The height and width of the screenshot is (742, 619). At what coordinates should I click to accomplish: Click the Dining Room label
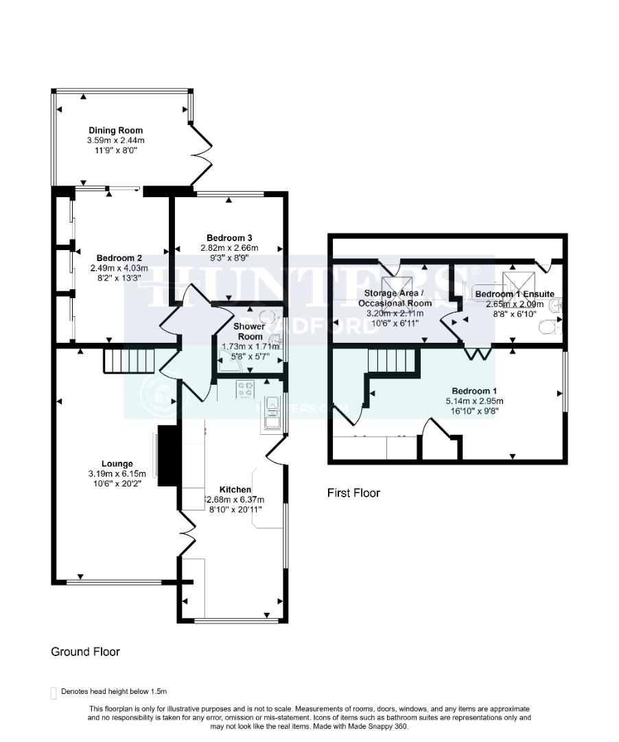point(115,131)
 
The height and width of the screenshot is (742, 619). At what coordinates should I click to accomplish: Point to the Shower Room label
point(248,331)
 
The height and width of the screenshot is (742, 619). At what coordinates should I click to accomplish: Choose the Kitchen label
point(235,490)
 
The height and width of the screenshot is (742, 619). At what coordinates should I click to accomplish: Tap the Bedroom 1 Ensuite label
point(514,294)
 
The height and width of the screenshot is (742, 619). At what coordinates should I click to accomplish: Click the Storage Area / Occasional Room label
point(395,298)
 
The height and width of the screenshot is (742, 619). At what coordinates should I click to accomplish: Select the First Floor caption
point(353,493)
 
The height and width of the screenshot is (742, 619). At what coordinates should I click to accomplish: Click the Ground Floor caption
point(85,651)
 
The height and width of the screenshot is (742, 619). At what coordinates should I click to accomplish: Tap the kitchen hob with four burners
point(246,390)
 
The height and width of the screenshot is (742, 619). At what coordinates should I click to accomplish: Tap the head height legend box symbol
point(54,693)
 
